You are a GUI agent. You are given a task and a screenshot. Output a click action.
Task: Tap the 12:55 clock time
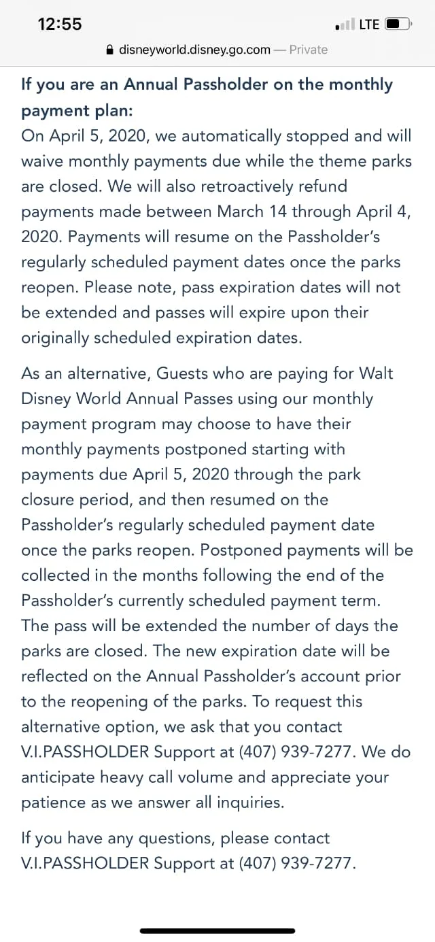pyautogui.click(x=60, y=24)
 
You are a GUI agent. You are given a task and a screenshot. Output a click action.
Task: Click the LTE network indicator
pyautogui.click(x=369, y=24)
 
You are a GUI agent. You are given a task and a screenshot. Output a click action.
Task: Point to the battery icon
pyautogui.click(x=398, y=24)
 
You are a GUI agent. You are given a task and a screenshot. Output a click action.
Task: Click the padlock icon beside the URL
pyautogui.click(x=109, y=50)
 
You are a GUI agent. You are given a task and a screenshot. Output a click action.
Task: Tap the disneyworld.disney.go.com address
pyautogui.click(x=194, y=50)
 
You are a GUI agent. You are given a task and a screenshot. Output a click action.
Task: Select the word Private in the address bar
pyautogui.click(x=309, y=50)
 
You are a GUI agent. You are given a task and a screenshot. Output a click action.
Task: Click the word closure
pyautogui.click(x=48, y=500)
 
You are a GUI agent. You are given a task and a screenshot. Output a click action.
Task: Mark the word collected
pyautogui.click(x=56, y=575)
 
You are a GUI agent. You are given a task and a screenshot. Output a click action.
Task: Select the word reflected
pyautogui.click(x=54, y=676)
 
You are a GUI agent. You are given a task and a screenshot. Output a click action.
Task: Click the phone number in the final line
pyautogui.click(x=297, y=863)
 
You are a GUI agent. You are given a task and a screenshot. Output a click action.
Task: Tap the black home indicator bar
pyautogui.click(x=217, y=930)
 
